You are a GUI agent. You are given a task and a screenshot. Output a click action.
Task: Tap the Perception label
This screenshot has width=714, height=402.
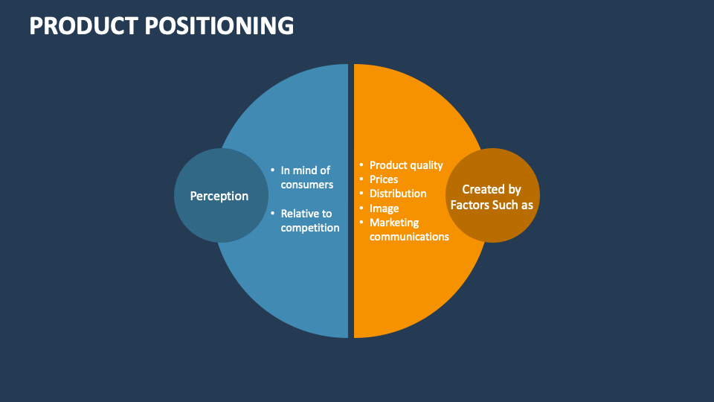(219, 196)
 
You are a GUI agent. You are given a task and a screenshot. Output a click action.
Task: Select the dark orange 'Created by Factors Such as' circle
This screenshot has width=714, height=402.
(492, 196)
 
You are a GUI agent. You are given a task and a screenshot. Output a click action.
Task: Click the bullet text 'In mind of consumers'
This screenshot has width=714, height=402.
(306, 177)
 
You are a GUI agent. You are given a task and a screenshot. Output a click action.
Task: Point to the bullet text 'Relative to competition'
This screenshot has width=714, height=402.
(309, 220)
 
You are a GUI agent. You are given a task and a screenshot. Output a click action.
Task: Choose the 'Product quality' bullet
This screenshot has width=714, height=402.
(405, 165)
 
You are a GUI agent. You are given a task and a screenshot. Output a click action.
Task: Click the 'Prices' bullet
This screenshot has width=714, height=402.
(383, 179)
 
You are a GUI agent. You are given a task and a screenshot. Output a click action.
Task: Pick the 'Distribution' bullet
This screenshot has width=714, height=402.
(398, 194)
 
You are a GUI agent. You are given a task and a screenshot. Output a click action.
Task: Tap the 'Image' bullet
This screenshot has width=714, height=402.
(384, 208)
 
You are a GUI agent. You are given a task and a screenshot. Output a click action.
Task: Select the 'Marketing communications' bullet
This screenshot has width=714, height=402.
(408, 229)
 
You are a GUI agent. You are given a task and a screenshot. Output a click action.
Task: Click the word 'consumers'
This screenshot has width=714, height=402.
(307, 185)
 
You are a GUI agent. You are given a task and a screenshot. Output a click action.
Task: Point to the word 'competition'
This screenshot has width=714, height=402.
(310, 228)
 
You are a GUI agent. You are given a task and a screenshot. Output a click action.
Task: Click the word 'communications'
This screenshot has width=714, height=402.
(409, 237)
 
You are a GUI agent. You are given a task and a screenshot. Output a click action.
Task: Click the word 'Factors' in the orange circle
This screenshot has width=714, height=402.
(469, 205)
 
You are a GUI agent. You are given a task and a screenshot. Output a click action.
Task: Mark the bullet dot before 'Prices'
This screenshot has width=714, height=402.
(361, 179)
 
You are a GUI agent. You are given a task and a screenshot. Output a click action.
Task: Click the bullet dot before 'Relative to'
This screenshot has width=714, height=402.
(272, 214)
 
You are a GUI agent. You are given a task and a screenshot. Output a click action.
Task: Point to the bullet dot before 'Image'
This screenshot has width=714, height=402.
(361, 208)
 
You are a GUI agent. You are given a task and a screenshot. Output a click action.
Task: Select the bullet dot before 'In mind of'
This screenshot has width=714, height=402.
(272, 170)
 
